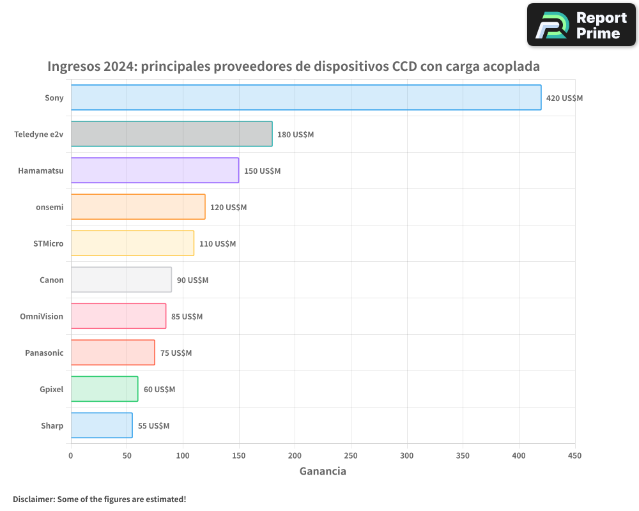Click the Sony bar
click(x=306, y=98)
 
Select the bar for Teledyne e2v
click(x=171, y=134)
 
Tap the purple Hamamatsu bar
click(x=155, y=171)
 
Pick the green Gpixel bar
click(x=104, y=389)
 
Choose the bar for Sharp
click(x=102, y=425)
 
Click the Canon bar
click(x=121, y=280)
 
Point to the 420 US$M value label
click(x=564, y=98)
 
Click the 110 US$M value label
click(x=217, y=244)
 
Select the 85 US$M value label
click(x=187, y=317)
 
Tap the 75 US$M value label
click(x=176, y=353)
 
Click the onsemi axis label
click(x=50, y=207)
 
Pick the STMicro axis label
click(x=49, y=243)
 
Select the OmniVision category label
click(x=42, y=316)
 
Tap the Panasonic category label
click(x=44, y=353)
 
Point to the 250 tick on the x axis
click(x=351, y=455)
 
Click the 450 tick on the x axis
click(x=575, y=455)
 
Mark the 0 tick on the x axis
click(x=71, y=455)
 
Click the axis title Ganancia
click(x=323, y=471)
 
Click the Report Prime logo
click(x=581, y=25)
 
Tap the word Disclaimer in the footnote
click(x=33, y=500)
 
